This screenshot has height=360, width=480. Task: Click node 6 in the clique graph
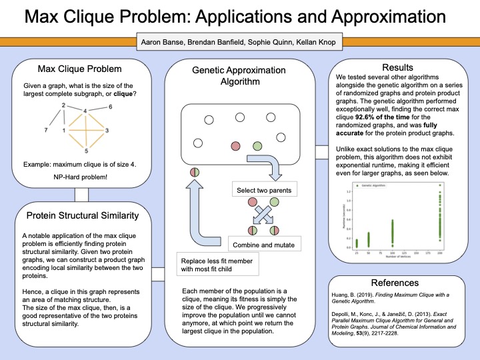pyautogui.click(x=111, y=107)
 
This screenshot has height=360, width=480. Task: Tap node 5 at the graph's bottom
pyautogui.click(x=85, y=151)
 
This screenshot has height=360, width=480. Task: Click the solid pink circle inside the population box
pyautogui.click(x=235, y=145)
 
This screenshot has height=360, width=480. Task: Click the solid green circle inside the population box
pyautogui.click(x=257, y=145)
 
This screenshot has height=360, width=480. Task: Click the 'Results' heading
pyautogui.click(x=398, y=67)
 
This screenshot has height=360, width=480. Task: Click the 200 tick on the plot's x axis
pyautogui.click(x=457, y=254)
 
